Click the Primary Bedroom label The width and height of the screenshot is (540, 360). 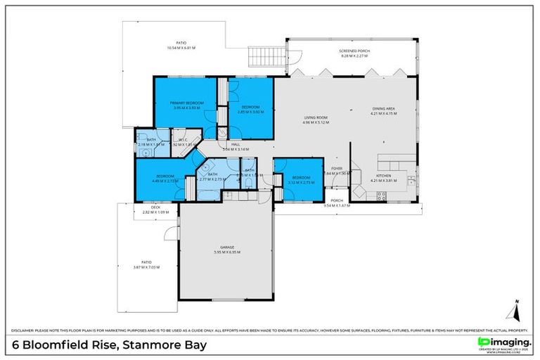tap(187, 103)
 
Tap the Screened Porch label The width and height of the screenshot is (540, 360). tap(354, 51)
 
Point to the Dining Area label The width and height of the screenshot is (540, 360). tap(385, 108)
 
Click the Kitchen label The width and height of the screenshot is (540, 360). tap(383, 175)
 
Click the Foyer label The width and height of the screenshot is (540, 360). tap(337, 169)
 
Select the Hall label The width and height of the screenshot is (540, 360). tap(236, 144)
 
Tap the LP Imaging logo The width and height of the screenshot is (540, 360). tap(502, 344)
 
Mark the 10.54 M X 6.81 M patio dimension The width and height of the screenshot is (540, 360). tap(181, 48)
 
